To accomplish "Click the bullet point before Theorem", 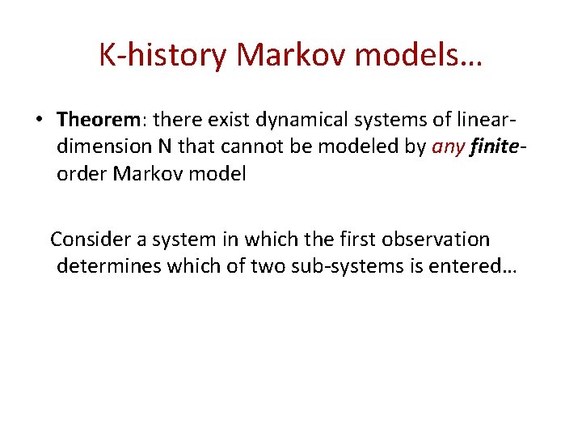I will [x=38, y=121].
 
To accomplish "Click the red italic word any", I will [x=446, y=146].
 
